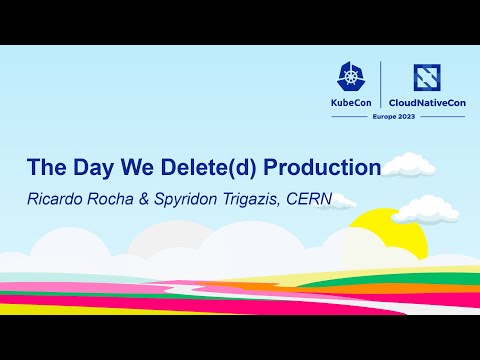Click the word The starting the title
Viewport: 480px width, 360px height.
click(47, 167)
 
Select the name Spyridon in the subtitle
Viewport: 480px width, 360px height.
click(189, 199)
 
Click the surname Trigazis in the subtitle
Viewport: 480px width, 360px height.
click(254, 199)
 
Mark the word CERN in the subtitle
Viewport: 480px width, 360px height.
click(308, 199)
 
